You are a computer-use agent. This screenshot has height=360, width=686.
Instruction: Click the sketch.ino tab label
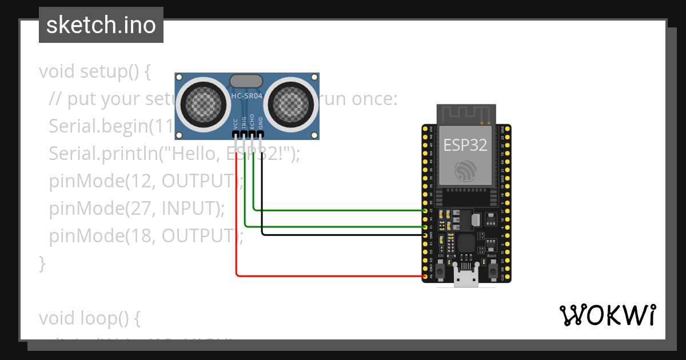pos(101,25)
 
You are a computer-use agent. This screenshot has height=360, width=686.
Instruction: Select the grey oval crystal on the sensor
pos(246,81)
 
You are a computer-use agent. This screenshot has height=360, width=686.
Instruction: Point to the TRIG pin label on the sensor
pos(244,122)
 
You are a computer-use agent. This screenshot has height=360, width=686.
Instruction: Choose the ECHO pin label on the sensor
pos(252,122)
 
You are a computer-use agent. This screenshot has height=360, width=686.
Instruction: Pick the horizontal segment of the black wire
pos(343,234)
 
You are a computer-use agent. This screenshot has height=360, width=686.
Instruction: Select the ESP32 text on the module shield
pos(465,145)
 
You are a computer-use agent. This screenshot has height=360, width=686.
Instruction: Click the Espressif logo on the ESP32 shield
pos(465,171)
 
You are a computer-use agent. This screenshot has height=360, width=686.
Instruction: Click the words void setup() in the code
pos(94,72)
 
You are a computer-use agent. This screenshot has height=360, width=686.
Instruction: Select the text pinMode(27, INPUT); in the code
pos(136,209)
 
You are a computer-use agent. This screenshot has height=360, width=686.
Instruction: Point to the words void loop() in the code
pos(89,317)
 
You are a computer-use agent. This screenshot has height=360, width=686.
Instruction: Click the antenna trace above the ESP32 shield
pos(465,113)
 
